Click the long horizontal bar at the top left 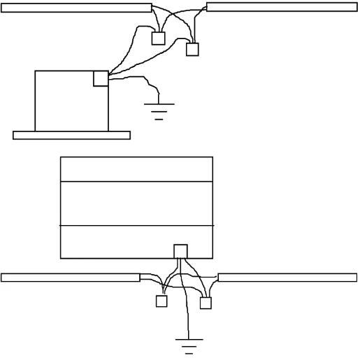[x=77, y=8]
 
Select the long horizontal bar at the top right [x=282, y=7]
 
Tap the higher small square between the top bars [x=159, y=38]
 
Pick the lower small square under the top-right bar [x=192, y=50]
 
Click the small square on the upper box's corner [x=101, y=78]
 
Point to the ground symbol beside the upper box [x=159, y=109]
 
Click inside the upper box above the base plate [x=66, y=101]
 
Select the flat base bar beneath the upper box [x=71, y=135]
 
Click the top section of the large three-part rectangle [x=136, y=169]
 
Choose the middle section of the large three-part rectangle [x=136, y=203]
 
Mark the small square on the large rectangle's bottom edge [x=181, y=251]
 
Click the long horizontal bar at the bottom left [x=70, y=278]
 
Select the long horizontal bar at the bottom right [x=287, y=278]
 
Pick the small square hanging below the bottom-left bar [x=161, y=302]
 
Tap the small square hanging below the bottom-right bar [x=206, y=303]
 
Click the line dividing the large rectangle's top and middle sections [x=136, y=182]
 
